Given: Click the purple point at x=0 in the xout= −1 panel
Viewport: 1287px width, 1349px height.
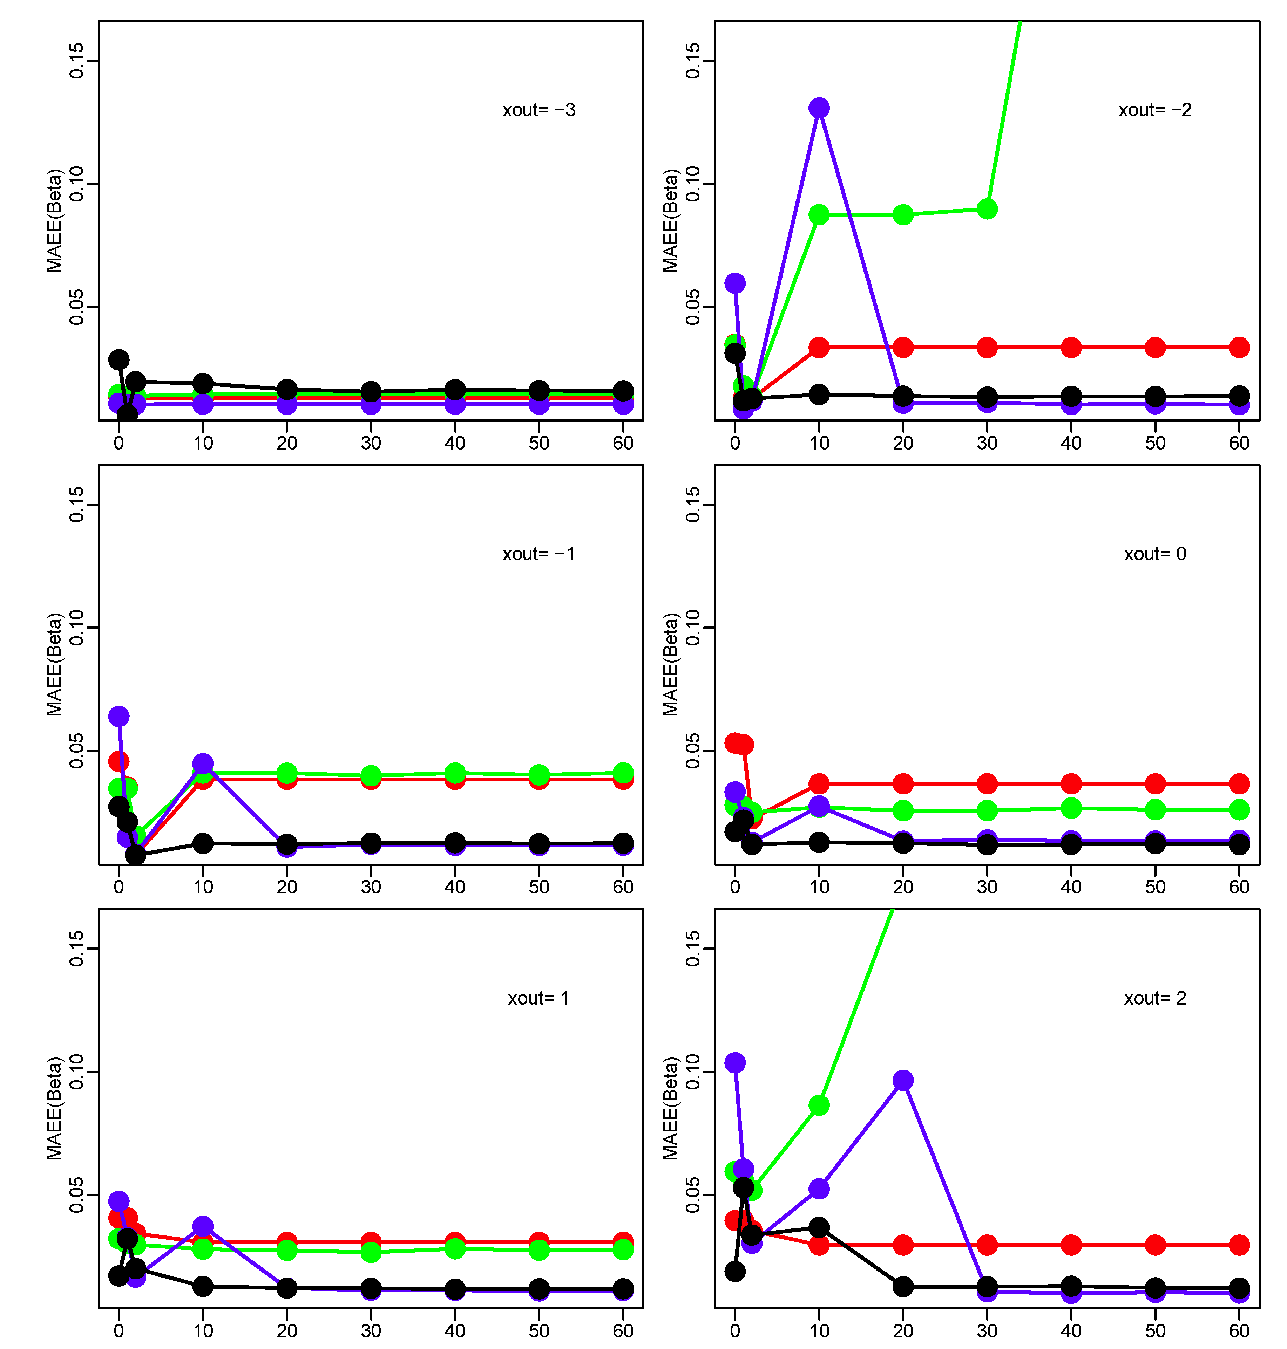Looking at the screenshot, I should click(x=119, y=716).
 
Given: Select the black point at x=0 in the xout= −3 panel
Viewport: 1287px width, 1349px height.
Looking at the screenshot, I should click(x=119, y=359).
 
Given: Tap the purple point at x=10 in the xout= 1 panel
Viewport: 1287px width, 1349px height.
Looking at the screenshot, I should click(x=202, y=1226).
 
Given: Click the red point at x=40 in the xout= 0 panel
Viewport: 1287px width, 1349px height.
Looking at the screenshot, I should click(x=1071, y=783).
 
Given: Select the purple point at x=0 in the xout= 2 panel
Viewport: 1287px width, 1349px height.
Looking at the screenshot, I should click(x=735, y=1062).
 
